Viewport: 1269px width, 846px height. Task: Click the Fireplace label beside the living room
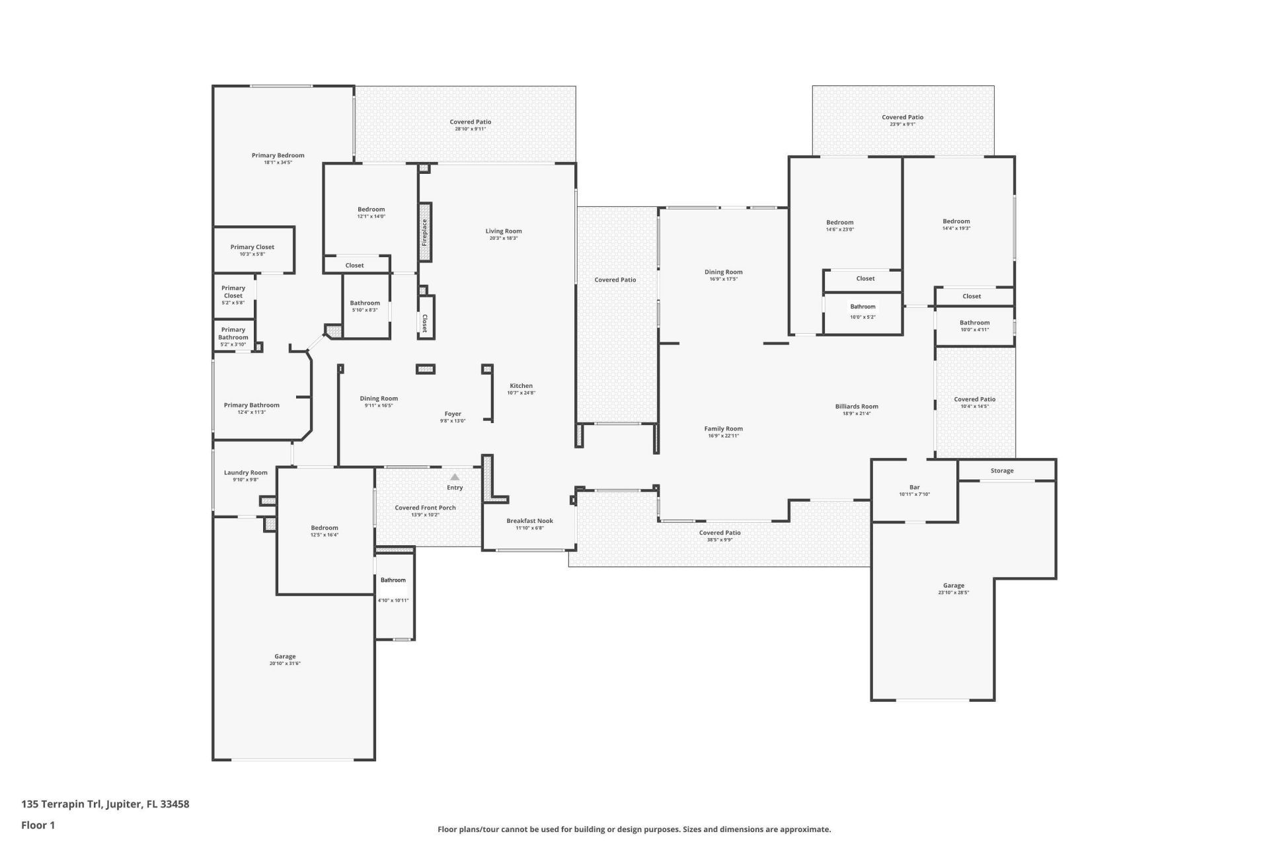(x=424, y=233)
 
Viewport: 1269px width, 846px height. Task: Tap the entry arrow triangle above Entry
(x=455, y=477)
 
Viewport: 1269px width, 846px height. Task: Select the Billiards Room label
(x=857, y=406)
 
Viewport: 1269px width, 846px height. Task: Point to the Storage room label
(x=1002, y=471)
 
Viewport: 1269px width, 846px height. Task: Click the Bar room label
(x=914, y=487)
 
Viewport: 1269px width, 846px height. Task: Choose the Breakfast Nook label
(x=529, y=521)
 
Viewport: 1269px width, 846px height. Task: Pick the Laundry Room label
(x=245, y=473)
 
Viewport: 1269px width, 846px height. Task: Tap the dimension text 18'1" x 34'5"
(x=278, y=163)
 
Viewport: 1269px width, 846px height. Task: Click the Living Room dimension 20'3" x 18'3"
(x=503, y=238)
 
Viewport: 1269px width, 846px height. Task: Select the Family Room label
(x=723, y=429)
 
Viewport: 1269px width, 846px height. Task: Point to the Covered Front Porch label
(x=425, y=508)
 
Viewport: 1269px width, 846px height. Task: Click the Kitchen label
(x=521, y=386)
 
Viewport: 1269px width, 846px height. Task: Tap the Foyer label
(x=453, y=414)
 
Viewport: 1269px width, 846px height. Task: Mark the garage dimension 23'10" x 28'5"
(x=953, y=593)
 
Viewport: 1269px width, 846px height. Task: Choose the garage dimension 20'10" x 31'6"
(x=285, y=664)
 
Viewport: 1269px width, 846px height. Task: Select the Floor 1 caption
(x=38, y=825)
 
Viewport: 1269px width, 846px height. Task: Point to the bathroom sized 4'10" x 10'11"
(x=393, y=580)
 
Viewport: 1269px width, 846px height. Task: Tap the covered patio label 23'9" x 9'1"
(x=902, y=124)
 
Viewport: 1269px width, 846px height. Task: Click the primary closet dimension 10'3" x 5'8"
(x=252, y=254)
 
